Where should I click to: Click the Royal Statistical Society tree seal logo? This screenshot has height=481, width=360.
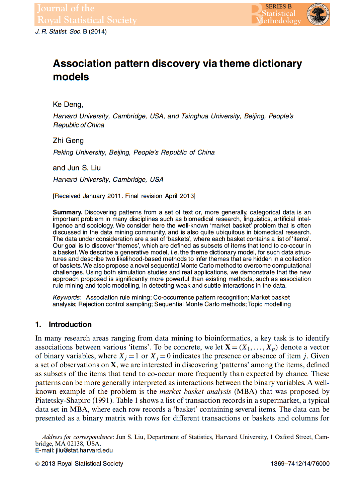tap(318, 14)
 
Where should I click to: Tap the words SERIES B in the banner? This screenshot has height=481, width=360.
tap(278, 6)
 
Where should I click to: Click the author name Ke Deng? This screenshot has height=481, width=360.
tap(67, 105)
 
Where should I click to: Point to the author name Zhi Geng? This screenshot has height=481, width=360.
tap(68, 141)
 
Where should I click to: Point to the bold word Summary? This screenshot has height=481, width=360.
tap(67, 212)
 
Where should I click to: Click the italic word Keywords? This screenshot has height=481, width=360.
tap(66, 298)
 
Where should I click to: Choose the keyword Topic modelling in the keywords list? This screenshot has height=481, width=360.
tap(269, 304)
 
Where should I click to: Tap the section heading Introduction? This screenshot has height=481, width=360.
tap(70, 324)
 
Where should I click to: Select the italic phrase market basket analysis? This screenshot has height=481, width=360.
tap(195, 392)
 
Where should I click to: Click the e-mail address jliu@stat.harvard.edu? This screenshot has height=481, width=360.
tap(84, 451)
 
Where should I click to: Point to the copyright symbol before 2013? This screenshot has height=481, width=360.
tap(37, 464)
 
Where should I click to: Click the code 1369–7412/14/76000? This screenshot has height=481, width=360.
tap(300, 464)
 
